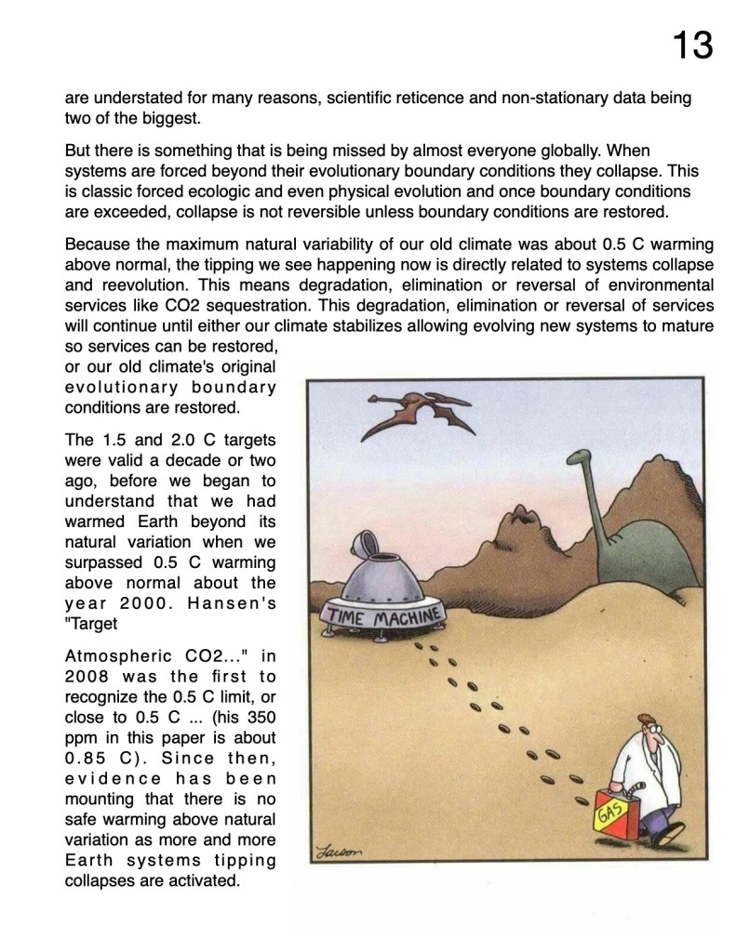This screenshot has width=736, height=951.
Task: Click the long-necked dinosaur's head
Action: (581, 458)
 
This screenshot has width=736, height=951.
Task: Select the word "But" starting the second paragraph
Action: (78, 150)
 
